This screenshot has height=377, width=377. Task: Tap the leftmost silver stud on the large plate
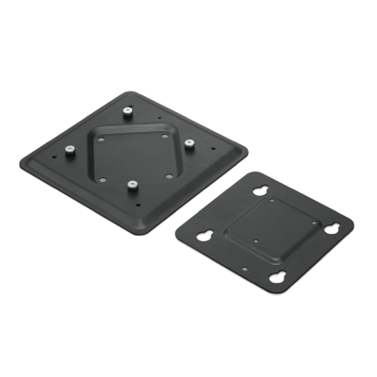click(x=70, y=149)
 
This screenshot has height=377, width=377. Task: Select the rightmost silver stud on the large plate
click(x=189, y=143)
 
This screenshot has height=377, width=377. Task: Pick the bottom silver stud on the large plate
click(x=132, y=184)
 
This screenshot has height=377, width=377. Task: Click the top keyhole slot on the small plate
click(x=260, y=192)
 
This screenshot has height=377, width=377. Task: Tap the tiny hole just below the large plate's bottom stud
click(x=139, y=200)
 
